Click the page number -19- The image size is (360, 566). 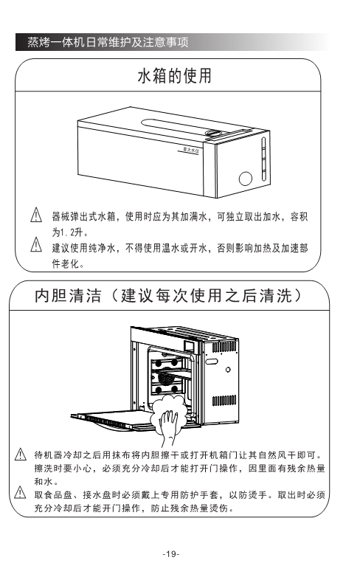coord(171,553)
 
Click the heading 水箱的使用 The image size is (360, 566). coord(175,76)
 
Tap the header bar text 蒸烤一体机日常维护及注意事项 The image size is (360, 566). coord(108,42)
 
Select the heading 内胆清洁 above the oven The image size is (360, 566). coord(68,296)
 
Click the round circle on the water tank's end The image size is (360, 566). coord(246,179)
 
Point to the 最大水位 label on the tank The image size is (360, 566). coord(191,150)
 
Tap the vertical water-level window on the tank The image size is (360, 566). coord(263,159)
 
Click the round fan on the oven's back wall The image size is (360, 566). coord(165,379)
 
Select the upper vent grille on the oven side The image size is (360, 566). coord(224,348)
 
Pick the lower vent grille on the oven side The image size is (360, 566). coord(224,400)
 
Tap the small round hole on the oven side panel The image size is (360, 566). coord(228,370)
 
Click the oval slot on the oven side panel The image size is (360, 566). coord(212,362)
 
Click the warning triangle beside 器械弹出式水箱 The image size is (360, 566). coord(36,215)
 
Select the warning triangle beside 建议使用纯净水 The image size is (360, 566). coord(36,244)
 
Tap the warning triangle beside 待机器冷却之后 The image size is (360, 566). coord(20,454)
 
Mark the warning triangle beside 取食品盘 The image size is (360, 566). coord(20,492)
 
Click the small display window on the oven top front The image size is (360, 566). coord(190,345)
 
